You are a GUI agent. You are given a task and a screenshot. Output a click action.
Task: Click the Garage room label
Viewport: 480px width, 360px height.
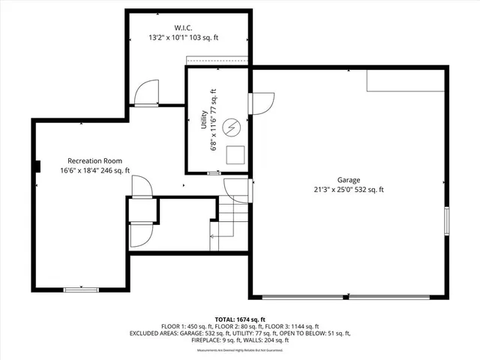point(349,180)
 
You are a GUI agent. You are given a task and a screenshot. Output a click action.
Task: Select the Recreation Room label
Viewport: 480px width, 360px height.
point(94,160)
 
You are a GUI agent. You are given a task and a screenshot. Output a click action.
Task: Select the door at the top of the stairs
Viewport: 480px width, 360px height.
point(237,190)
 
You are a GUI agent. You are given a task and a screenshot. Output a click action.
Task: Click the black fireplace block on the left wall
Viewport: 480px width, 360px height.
point(37,166)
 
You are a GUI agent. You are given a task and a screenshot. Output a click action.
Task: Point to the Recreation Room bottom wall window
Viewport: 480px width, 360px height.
point(81,289)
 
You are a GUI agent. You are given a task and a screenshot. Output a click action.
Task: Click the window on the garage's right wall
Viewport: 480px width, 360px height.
point(447,221)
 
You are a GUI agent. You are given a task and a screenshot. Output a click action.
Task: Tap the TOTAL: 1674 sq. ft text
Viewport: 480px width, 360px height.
point(239,319)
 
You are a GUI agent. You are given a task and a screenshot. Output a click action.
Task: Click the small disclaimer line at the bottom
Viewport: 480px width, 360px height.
point(239,350)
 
